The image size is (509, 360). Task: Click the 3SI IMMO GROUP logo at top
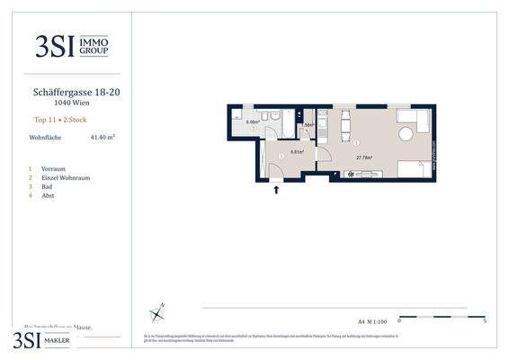click(x=71, y=47)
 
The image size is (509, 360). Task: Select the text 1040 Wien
click(x=72, y=103)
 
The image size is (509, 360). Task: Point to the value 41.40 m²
click(x=103, y=138)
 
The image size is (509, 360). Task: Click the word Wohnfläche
click(x=46, y=138)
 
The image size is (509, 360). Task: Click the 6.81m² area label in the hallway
click(x=296, y=152)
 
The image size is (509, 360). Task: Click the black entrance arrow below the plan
click(x=276, y=190)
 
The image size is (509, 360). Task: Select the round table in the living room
click(x=406, y=133)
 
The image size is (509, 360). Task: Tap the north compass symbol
click(x=158, y=313)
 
